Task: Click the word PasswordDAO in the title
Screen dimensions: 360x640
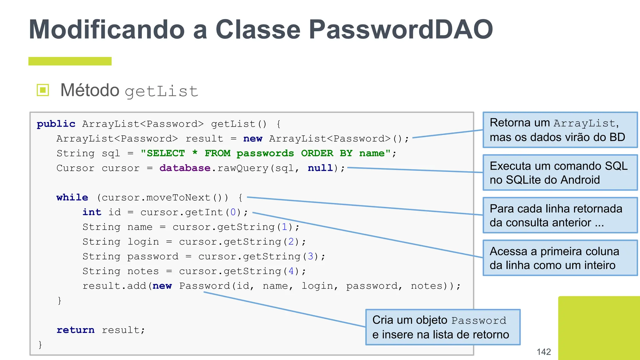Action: pyautogui.click(x=401, y=30)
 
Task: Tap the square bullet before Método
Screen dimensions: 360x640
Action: pyautogui.click(x=43, y=90)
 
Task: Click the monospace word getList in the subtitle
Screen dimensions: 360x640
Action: pyautogui.click(x=161, y=92)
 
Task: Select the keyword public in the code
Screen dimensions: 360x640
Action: pyautogui.click(x=56, y=124)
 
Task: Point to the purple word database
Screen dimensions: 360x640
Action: pyautogui.click(x=185, y=168)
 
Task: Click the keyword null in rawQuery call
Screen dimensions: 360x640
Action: pyautogui.click(x=320, y=168)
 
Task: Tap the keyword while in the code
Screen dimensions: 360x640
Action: pyautogui.click(x=72, y=197)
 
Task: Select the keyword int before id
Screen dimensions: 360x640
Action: pyautogui.click(x=92, y=212)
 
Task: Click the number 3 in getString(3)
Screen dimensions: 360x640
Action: pyautogui.click(x=310, y=257)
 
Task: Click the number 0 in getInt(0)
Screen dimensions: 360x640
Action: pyautogui.click(x=233, y=212)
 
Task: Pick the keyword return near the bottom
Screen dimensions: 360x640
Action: pyautogui.click(x=75, y=330)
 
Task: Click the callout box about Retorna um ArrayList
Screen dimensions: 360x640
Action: pyautogui.click(x=560, y=130)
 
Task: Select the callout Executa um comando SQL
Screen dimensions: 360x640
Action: pyautogui.click(x=560, y=172)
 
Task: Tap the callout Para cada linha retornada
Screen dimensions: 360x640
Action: pyautogui.click(x=560, y=215)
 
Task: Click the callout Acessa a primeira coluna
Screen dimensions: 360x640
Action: pyautogui.click(x=560, y=258)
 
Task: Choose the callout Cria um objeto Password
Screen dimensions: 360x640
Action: pyautogui.click(x=442, y=327)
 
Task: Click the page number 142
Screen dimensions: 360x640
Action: pyautogui.click(x=543, y=352)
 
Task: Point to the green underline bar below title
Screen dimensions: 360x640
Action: pyautogui.click(x=70, y=61)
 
